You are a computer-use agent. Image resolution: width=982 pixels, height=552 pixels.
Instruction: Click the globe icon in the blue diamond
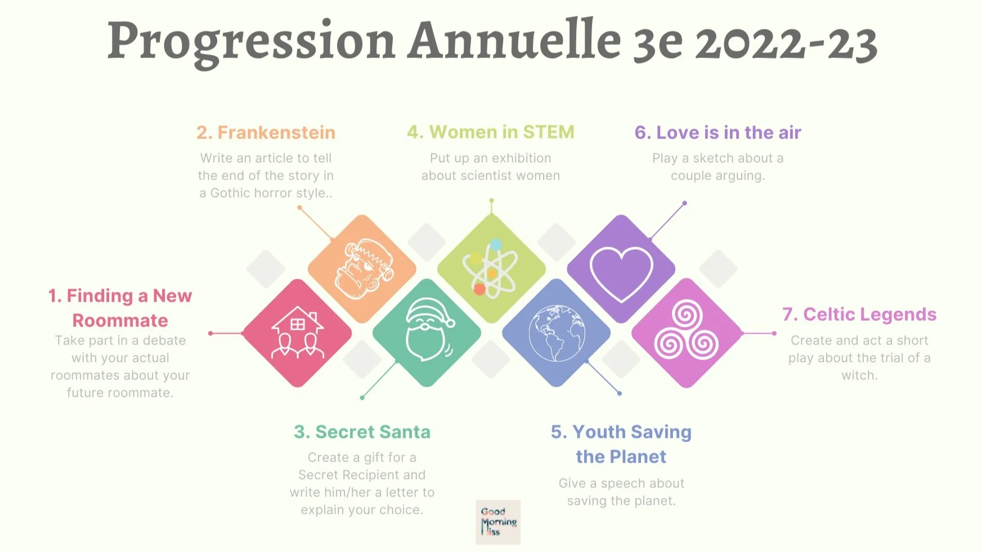(x=557, y=333)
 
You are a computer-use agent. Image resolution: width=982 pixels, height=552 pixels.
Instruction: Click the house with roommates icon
(x=297, y=333)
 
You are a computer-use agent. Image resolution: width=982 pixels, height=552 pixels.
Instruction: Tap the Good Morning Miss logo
(x=498, y=522)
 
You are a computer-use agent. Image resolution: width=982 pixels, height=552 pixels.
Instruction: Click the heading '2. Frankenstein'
(x=266, y=132)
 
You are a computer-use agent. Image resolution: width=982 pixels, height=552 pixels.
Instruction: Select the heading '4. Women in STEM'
(x=491, y=132)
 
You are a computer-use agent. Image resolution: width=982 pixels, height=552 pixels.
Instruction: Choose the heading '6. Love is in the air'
(x=718, y=132)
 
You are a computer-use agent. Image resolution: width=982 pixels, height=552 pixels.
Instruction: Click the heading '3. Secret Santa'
(x=362, y=432)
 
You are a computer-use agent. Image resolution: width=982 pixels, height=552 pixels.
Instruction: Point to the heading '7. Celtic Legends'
(x=859, y=314)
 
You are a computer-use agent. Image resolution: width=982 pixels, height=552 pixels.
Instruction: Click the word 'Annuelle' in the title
(x=514, y=41)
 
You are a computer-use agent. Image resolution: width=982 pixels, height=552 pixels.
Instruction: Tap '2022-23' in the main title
(x=786, y=43)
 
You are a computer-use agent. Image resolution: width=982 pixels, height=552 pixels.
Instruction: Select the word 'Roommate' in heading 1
(x=120, y=320)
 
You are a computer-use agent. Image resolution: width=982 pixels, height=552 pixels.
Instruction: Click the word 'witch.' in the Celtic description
(x=859, y=375)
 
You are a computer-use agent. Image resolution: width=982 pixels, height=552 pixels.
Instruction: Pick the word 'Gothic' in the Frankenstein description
(x=230, y=193)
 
